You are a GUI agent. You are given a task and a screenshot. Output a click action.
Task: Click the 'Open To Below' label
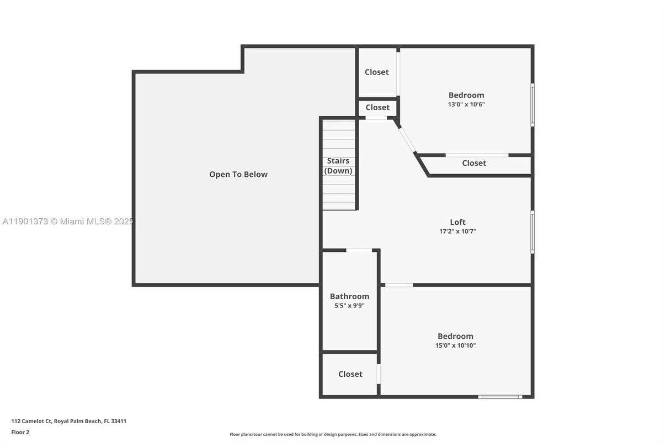[x=238, y=174]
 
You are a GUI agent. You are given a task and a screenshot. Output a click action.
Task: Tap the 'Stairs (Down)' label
[x=338, y=165]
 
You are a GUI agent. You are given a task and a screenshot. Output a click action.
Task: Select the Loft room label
[x=457, y=222]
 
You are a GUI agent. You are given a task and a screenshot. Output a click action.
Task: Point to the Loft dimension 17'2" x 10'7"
[x=457, y=231]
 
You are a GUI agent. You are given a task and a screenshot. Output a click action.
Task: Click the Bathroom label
[x=349, y=296]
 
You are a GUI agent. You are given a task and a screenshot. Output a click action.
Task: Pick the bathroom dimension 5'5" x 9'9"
[x=349, y=305]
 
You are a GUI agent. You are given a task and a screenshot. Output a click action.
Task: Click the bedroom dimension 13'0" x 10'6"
[x=466, y=104]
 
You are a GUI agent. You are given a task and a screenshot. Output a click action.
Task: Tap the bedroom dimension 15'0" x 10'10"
[x=455, y=345]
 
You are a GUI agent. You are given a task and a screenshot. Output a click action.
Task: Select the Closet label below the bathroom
[x=350, y=374]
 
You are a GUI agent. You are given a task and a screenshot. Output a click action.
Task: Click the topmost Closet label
[x=376, y=72]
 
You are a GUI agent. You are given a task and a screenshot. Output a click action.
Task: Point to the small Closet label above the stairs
[x=377, y=107]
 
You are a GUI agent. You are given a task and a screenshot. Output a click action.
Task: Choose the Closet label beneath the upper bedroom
[x=474, y=163]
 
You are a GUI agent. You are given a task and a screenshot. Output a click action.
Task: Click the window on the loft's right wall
[x=532, y=232]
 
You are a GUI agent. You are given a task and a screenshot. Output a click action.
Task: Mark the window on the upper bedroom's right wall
[x=532, y=105]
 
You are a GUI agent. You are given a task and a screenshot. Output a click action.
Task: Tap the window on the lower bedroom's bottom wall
[x=499, y=396]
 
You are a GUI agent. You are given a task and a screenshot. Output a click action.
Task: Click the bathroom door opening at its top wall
[x=359, y=251]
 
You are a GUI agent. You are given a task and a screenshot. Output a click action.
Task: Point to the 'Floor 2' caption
[x=20, y=432]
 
